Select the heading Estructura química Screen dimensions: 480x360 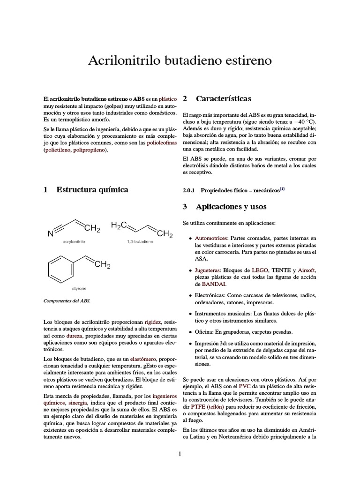pos(92,190)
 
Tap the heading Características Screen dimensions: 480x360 pos(223,99)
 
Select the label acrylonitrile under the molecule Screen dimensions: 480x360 pos(77,241)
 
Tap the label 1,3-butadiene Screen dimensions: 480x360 pos(142,241)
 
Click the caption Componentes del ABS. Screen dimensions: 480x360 pos(67,301)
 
